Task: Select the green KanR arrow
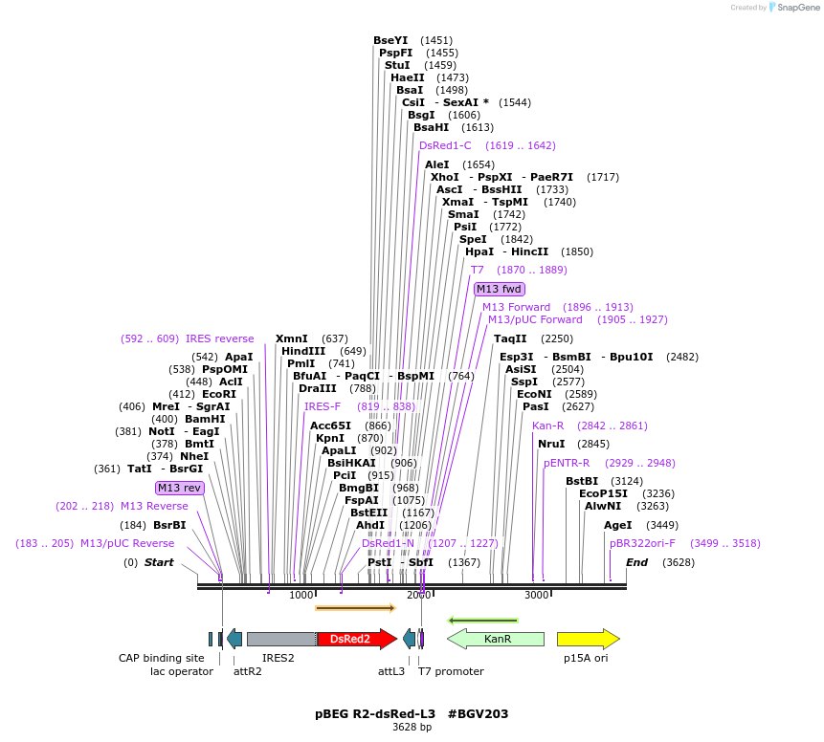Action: (496, 639)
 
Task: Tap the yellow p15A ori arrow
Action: (588, 639)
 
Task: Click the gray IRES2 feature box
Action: (281, 639)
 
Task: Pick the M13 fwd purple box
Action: (500, 289)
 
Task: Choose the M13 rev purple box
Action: (180, 488)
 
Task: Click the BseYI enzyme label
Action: (390, 40)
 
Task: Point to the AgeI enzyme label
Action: (617, 525)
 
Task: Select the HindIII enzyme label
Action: (303, 351)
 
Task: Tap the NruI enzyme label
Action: (551, 444)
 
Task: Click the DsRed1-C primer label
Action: (445, 145)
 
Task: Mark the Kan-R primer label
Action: (547, 426)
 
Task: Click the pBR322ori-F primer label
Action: (642, 543)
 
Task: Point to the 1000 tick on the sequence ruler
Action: (301, 595)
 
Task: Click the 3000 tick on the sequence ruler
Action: (537, 595)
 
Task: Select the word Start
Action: (159, 562)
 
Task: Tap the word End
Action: (636, 562)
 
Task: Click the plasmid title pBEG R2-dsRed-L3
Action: (375, 713)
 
